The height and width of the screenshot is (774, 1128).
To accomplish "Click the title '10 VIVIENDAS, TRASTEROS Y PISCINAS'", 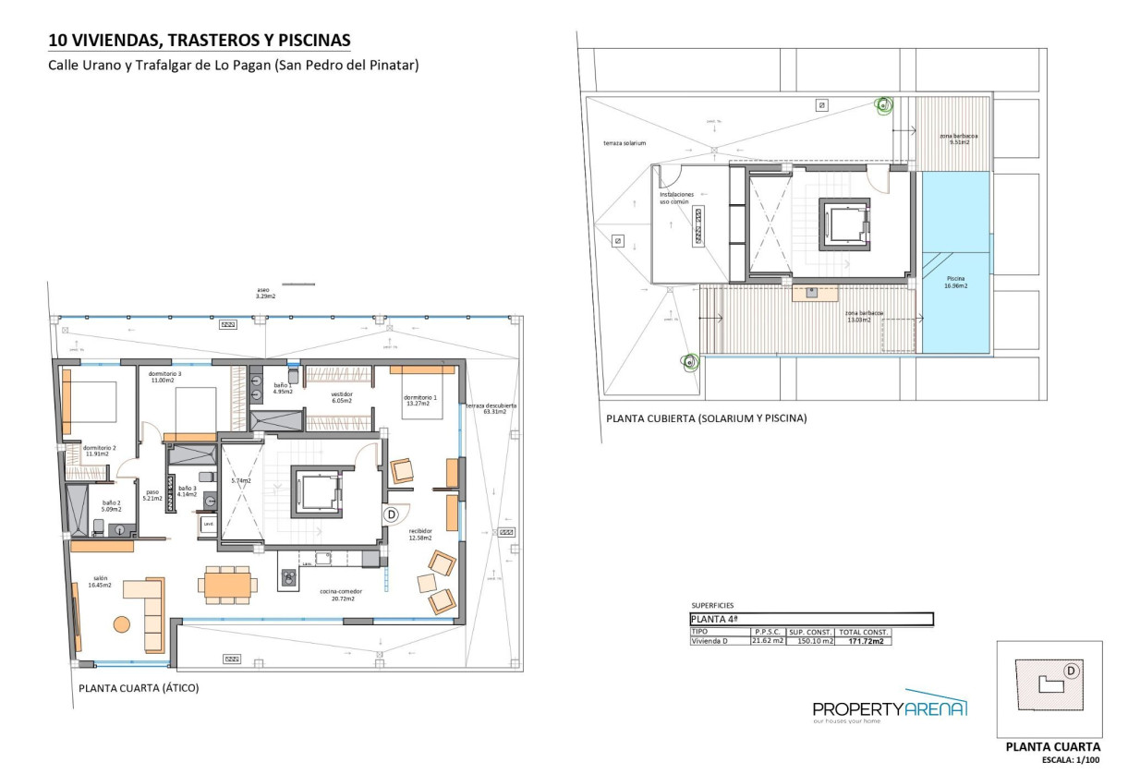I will pos(200,41).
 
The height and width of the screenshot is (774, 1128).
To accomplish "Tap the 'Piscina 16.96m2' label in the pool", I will pos(956,284).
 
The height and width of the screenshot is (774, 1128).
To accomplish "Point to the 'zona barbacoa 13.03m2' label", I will pos(865,317).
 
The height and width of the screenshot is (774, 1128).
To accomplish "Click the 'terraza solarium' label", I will pos(625,144).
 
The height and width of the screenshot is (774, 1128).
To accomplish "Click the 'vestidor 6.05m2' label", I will pos(343,398).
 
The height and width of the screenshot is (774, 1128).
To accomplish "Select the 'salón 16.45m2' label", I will pos(100,582).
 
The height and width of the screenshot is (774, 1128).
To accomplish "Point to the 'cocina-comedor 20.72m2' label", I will pos(341,595).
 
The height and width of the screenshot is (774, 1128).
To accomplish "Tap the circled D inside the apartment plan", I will pos(391,514).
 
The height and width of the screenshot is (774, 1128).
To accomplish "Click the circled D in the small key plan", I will pos(1071,671).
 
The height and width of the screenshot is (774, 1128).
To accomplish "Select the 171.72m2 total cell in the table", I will pos(864,641).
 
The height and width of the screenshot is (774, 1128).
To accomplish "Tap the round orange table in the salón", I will pos(122,623).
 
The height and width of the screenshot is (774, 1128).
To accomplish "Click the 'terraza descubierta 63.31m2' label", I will pos(491,408).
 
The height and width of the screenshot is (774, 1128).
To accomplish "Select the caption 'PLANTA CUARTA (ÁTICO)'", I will pos(139,688).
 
